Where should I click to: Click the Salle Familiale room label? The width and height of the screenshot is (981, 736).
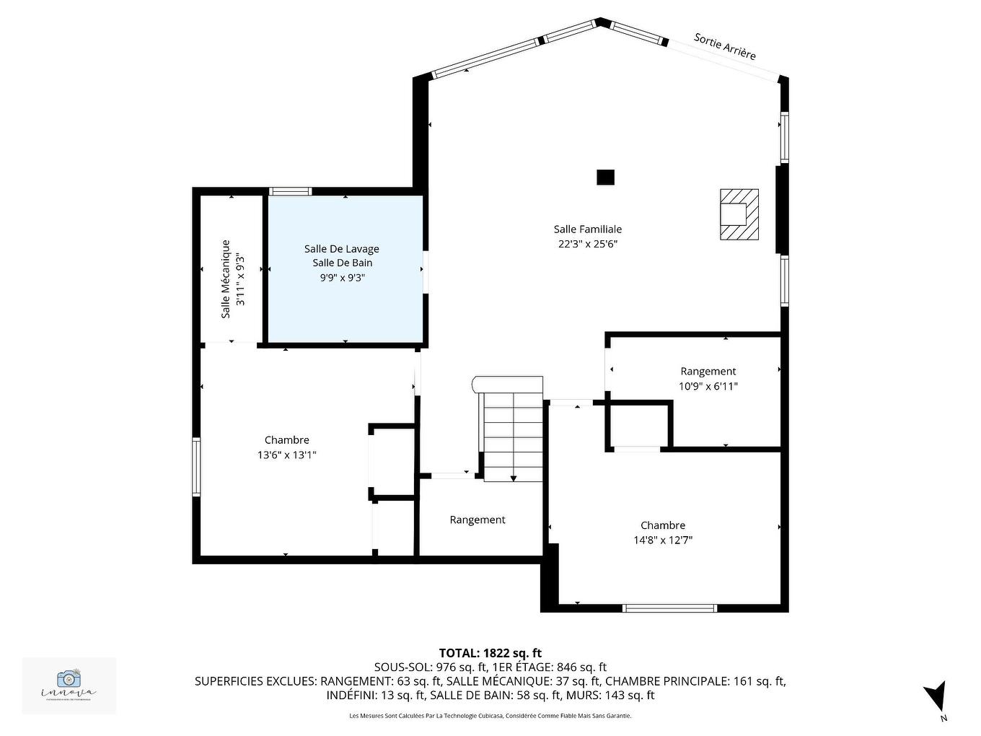tap(587, 229)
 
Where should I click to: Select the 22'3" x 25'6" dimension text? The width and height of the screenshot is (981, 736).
tap(587, 244)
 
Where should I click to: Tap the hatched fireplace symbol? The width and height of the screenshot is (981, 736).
tap(739, 214)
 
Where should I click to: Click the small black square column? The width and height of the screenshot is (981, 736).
tap(605, 177)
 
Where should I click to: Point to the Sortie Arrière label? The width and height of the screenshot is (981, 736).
tap(724, 46)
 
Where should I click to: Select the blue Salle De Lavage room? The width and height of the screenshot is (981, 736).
tap(345, 303)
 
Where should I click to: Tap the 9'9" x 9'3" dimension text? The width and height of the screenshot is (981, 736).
tap(342, 277)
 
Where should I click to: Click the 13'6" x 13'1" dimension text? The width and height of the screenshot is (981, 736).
tap(286, 455)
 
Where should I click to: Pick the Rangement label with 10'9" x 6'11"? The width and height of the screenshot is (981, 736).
tap(708, 371)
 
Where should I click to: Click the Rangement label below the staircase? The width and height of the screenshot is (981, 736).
tap(477, 520)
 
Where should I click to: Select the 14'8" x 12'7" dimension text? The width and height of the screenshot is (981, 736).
tap(662, 540)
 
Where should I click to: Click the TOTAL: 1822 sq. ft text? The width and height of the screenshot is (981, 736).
tap(490, 653)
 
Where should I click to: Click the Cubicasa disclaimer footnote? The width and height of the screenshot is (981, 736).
tap(490, 716)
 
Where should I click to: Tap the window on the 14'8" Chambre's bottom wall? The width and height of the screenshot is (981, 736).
tap(669, 608)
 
